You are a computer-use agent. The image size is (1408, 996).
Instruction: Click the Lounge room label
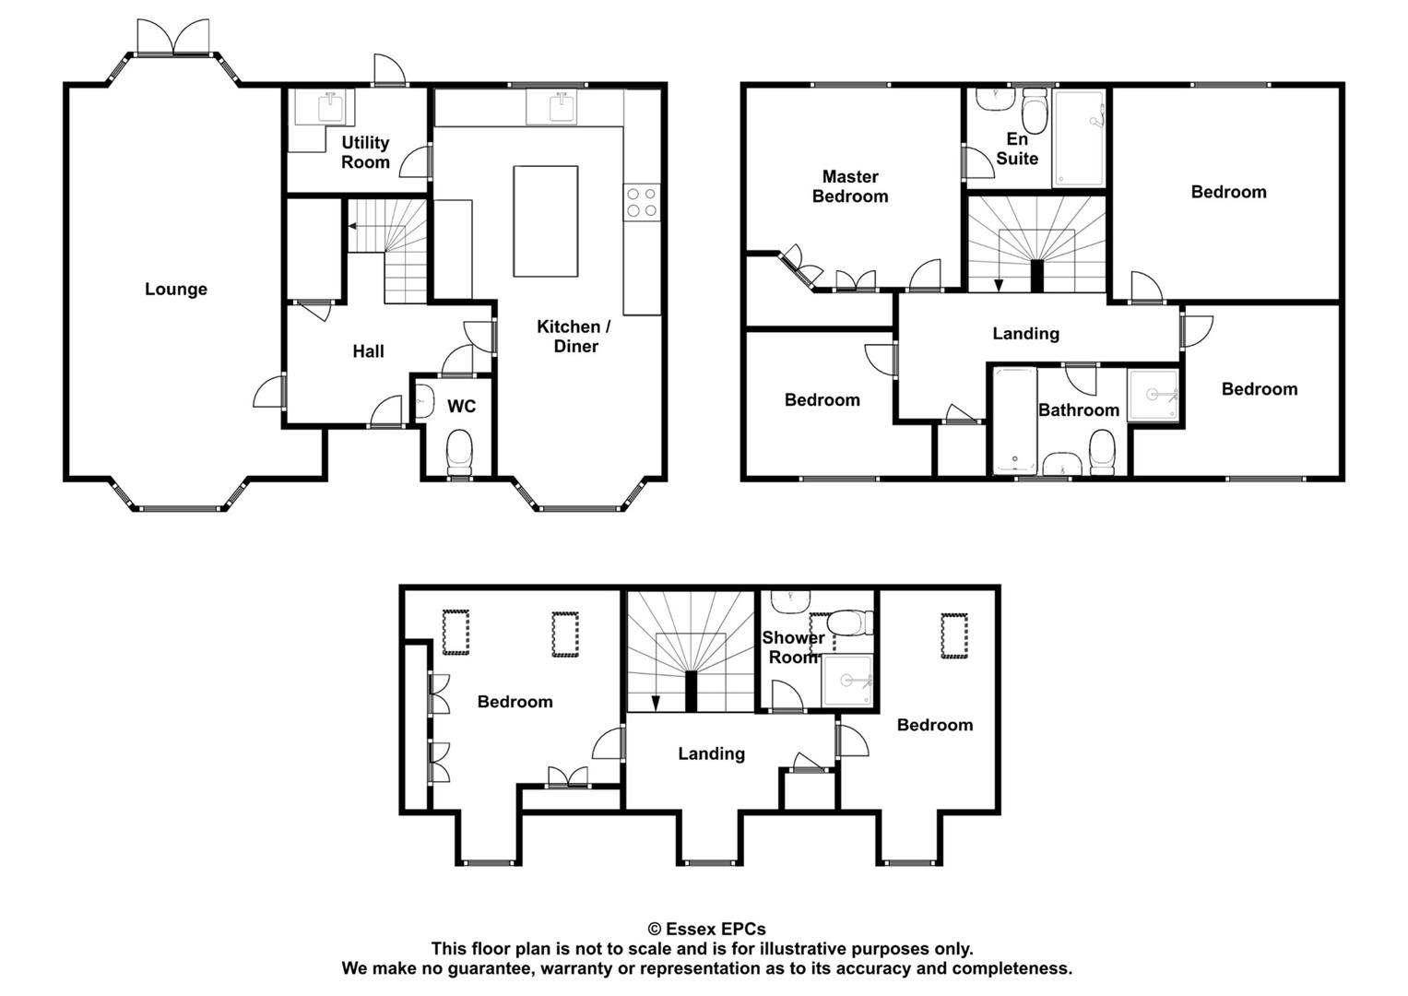pos(176,290)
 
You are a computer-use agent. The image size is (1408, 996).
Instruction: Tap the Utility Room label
pos(365,152)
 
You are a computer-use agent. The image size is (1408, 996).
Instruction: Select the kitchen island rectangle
pos(546,221)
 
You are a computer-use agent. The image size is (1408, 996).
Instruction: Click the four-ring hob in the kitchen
pos(642,203)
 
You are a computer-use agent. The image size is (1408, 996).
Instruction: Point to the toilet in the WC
pos(459,453)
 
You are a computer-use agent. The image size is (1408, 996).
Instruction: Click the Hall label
pos(368,351)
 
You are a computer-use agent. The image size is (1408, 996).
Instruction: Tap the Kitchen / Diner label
pos(574,337)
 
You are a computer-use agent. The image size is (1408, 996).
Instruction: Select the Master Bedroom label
pos(850,186)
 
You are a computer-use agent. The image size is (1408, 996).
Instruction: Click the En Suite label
pos(1017,148)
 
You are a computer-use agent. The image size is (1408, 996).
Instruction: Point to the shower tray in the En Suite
pos(1079,139)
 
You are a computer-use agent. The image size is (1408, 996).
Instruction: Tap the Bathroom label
pos(1079,410)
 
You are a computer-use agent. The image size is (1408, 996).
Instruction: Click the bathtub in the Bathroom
pos(1015,421)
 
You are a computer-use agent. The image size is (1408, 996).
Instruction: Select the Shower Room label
pos(793,647)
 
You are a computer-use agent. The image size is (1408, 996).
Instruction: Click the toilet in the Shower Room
pos(850,623)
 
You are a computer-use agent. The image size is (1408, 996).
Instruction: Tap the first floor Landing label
pos(1026,333)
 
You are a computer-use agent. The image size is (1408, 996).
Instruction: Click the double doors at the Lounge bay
pos(172,38)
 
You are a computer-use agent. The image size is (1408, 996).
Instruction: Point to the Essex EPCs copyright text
pos(706,929)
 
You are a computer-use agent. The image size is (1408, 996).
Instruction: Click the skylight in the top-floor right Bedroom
pos(954,635)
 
